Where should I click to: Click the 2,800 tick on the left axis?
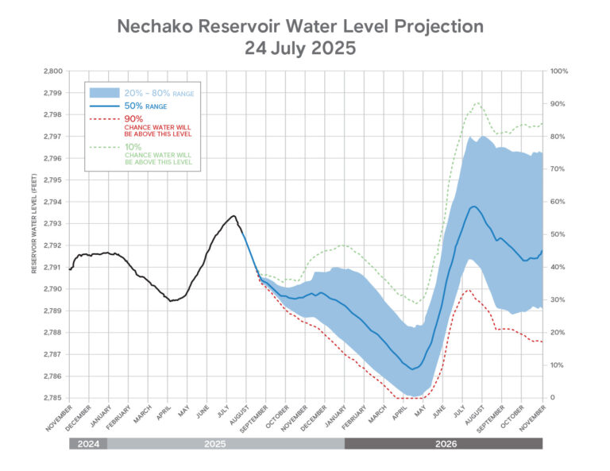click(50, 71)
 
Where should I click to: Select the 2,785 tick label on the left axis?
click(50, 398)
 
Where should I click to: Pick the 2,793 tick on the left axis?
click(50, 224)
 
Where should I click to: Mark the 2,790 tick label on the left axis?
click(50, 289)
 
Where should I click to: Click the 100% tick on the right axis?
click(559, 71)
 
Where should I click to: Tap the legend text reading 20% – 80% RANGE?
click(158, 94)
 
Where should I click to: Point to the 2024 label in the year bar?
click(88, 443)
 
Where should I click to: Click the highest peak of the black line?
click(233, 216)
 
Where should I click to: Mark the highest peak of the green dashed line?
click(477, 103)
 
